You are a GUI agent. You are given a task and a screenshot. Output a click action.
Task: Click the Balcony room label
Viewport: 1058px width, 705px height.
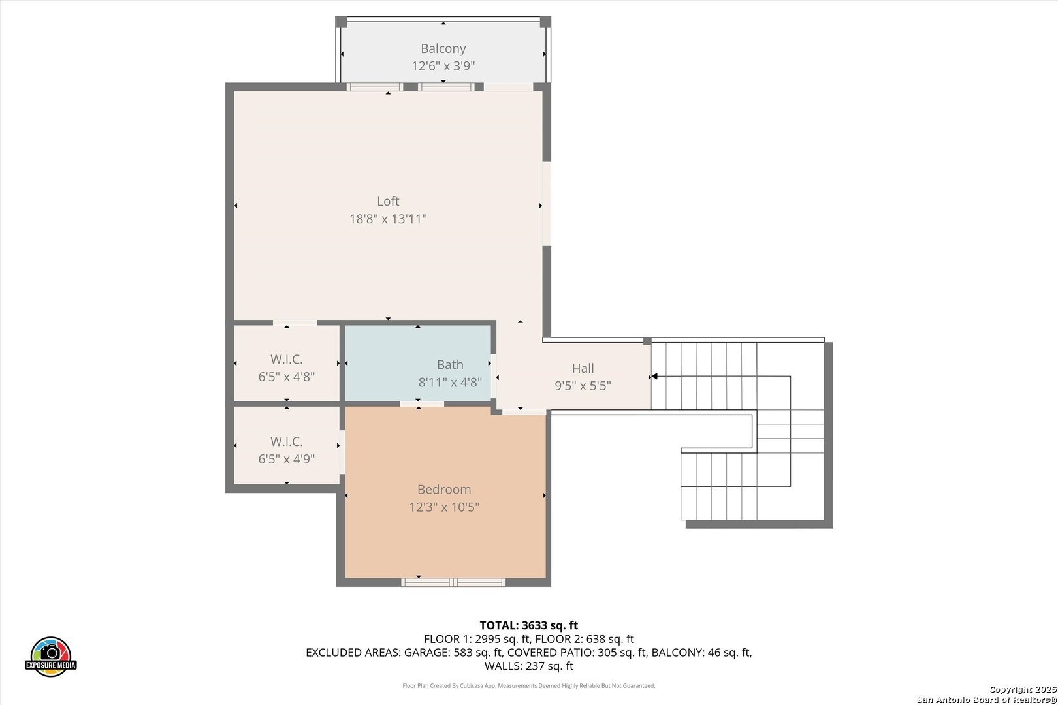(443, 48)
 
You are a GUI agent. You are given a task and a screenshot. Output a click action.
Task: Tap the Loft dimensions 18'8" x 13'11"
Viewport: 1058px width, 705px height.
(388, 219)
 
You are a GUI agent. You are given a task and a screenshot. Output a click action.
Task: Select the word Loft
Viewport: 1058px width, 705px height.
(388, 201)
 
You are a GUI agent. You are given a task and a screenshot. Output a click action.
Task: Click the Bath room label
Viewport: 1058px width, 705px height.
(449, 364)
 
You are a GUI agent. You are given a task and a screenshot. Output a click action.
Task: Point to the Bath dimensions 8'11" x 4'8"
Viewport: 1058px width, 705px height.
(449, 382)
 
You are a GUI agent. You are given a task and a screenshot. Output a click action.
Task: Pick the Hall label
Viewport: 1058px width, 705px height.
(583, 368)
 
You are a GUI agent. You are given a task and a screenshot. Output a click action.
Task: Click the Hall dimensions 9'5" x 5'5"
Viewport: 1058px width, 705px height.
(583, 386)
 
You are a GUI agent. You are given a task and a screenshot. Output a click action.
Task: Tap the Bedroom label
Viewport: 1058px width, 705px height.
(444, 489)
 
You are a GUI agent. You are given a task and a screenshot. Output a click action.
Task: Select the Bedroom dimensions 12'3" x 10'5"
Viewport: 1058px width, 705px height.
(444, 507)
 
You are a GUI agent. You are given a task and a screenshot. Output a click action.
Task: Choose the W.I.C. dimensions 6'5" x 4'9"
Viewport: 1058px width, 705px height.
(286, 459)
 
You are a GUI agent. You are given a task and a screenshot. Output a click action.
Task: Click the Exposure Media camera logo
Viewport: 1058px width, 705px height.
(50, 656)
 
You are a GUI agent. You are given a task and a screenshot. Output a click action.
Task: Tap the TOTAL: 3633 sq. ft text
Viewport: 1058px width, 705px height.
(529, 625)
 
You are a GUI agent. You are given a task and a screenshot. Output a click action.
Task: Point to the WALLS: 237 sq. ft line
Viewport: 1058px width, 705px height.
(529, 666)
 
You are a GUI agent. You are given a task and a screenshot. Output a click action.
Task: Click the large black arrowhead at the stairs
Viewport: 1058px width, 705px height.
(654, 377)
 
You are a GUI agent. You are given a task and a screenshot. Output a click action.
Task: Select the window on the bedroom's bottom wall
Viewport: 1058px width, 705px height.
(453, 582)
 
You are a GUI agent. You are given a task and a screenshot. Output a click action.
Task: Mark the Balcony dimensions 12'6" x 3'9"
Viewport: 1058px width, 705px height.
(443, 66)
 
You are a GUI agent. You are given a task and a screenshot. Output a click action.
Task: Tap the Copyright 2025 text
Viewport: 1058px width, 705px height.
(1023, 689)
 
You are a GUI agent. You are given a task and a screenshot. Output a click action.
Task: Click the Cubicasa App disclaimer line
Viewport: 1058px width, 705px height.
(528, 685)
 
